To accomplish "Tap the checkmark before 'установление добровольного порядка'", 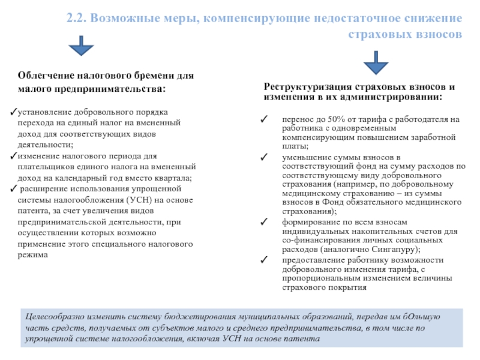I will (x=14, y=113).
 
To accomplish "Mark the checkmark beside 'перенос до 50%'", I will (x=265, y=119).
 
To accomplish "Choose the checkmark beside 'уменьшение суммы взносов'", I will (x=265, y=157).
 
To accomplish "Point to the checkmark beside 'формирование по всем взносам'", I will (x=265, y=222).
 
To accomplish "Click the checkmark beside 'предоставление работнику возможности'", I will (x=265, y=260).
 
